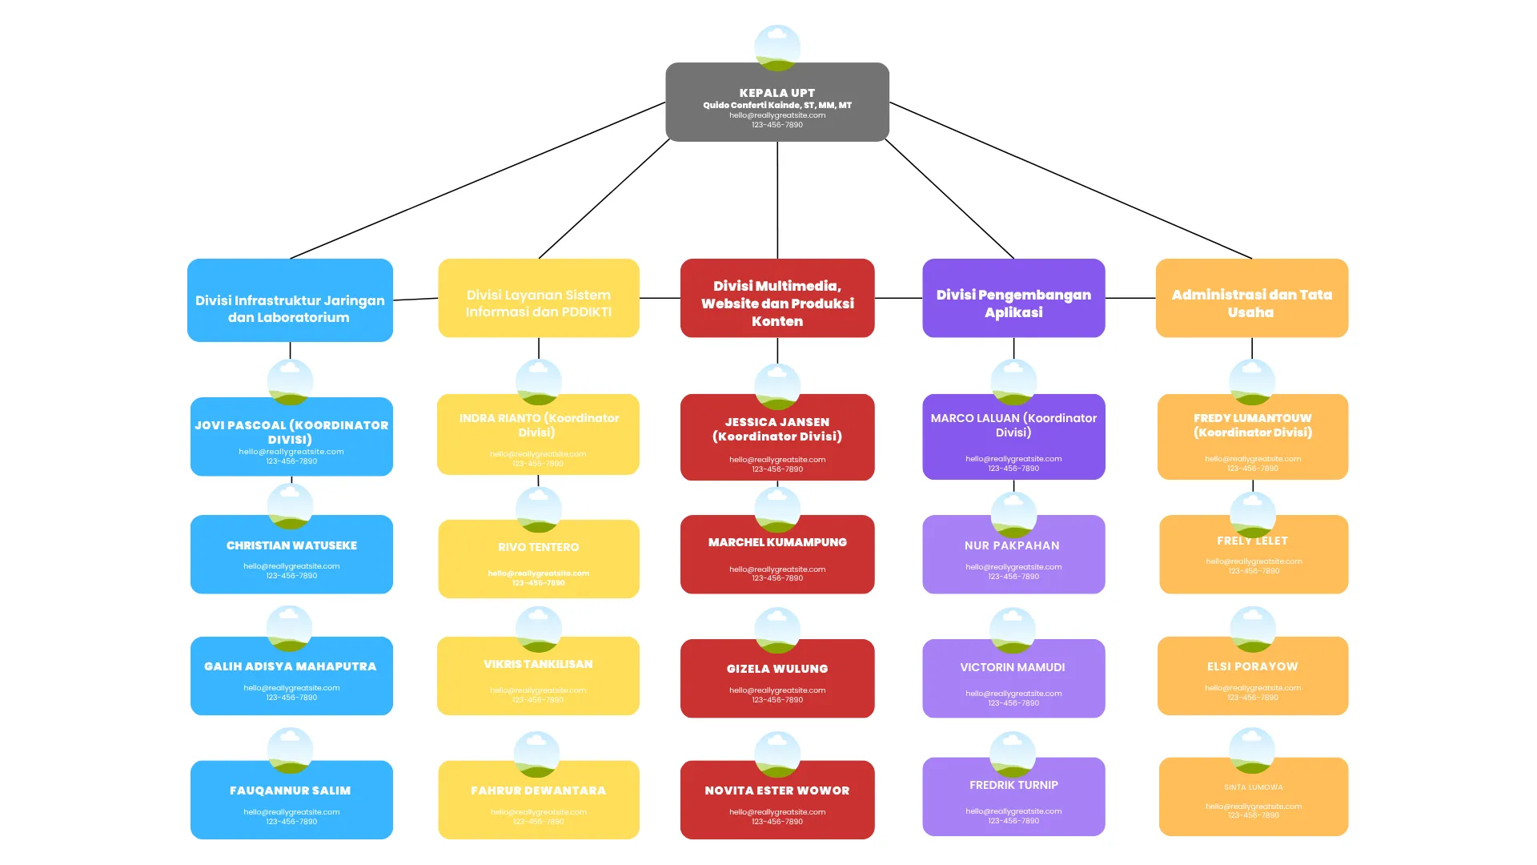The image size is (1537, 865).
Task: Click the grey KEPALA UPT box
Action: (x=777, y=102)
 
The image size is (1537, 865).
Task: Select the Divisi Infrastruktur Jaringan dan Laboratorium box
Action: (x=290, y=300)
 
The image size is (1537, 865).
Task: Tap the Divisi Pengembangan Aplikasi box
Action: (x=1013, y=298)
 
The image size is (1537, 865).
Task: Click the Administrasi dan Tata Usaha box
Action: (x=1251, y=298)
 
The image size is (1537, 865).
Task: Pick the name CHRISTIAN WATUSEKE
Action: (x=291, y=545)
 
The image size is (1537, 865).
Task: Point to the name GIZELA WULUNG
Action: (x=777, y=669)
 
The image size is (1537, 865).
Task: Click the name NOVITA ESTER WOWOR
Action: (x=777, y=791)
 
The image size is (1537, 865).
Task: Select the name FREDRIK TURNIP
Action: (x=1013, y=785)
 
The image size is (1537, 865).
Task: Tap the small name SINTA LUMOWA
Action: (x=1253, y=787)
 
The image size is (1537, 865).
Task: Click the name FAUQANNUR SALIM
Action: (x=290, y=791)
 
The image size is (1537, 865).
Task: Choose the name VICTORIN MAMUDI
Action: (x=1013, y=667)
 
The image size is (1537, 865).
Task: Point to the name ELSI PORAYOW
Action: (x=1252, y=666)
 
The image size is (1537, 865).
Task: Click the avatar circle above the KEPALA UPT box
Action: (x=777, y=46)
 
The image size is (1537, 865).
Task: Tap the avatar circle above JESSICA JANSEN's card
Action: (x=777, y=386)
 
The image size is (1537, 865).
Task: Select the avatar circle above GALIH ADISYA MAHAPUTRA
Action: (x=289, y=628)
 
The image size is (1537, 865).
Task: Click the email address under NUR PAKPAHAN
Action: (x=1013, y=567)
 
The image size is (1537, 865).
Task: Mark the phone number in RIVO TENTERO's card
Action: (x=538, y=583)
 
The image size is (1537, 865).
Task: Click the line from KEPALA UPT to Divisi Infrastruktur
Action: (x=478, y=180)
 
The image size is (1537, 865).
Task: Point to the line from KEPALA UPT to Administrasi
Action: (x=1070, y=180)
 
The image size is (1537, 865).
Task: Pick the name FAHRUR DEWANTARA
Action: (x=538, y=791)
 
